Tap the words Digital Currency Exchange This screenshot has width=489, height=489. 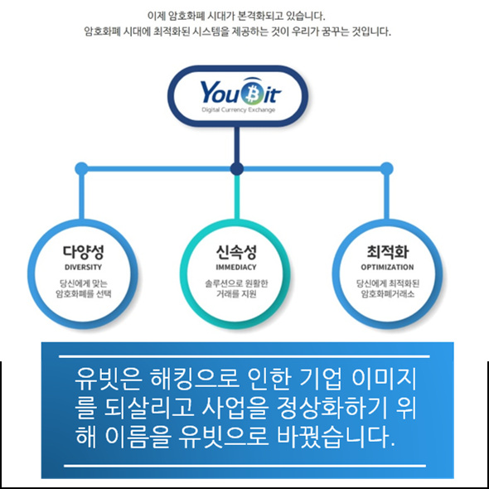(x=238, y=109)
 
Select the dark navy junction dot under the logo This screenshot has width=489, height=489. (x=237, y=169)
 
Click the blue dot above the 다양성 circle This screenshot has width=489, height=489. (x=82, y=169)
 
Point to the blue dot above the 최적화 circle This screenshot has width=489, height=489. (x=386, y=169)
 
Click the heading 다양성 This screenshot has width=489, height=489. (x=83, y=252)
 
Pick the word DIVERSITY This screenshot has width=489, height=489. (x=83, y=267)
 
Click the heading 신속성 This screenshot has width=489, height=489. (x=236, y=252)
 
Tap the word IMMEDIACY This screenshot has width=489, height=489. (x=236, y=267)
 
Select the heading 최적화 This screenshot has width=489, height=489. (x=387, y=252)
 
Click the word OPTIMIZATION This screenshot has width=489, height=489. (x=387, y=267)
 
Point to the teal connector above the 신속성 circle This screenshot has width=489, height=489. (x=237, y=197)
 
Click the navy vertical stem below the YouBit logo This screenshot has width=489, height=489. (x=237, y=145)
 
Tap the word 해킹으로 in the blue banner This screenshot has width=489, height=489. (x=194, y=380)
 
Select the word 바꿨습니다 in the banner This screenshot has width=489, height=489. (x=336, y=435)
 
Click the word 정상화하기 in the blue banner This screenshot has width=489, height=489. (x=332, y=407)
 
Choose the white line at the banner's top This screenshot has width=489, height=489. (x=244, y=356)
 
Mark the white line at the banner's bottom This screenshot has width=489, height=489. (x=244, y=466)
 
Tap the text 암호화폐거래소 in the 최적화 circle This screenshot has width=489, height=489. (x=388, y=293)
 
